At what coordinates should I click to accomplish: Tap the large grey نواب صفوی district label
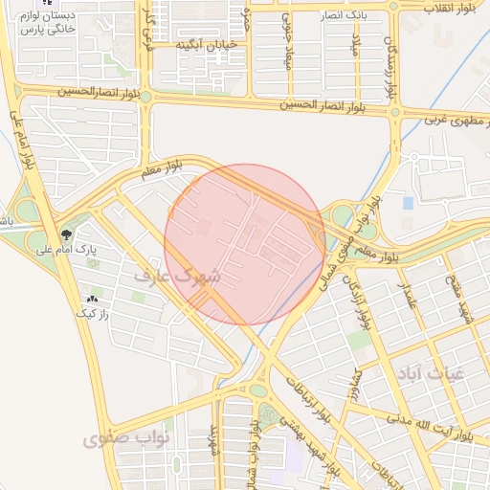[125, 439]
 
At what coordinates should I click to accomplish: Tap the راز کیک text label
[95, 312]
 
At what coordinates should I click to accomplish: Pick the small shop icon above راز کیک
[92, 298]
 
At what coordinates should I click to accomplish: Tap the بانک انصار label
[342, 16]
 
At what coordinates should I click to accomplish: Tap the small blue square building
[409, 203]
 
